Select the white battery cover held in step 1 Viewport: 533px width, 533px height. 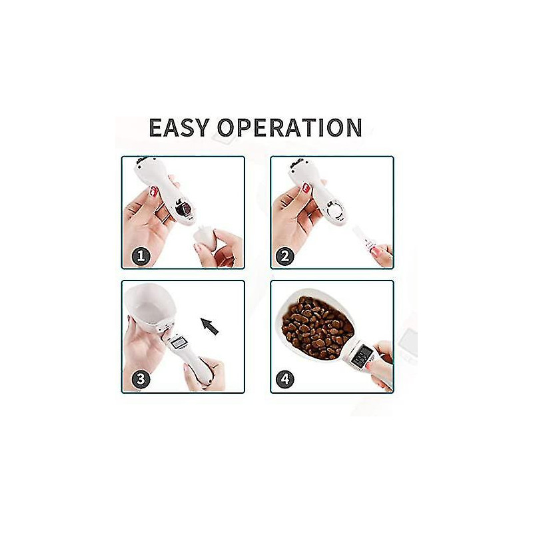(203, 239)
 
